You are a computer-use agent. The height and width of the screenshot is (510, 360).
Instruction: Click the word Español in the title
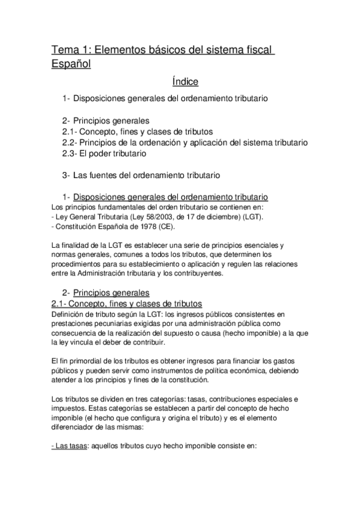[x=71, y=63]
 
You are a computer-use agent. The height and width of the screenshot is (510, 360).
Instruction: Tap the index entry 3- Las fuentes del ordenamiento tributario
[x=141, y=175]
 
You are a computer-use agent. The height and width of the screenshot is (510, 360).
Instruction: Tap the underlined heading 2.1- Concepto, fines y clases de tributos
[x=127, y=303]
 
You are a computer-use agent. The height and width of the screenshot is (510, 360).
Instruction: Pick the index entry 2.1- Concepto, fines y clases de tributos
[x=137, y=131]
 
